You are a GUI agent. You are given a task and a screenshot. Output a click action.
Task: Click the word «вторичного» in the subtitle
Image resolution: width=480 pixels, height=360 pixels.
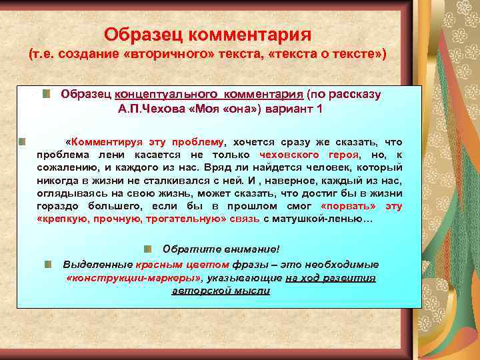pos(166,53)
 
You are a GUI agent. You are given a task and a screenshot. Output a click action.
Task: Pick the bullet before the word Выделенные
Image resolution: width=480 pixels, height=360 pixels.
pos(49,263)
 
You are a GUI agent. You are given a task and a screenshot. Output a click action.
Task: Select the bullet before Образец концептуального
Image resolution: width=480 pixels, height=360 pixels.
pos(46,95)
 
